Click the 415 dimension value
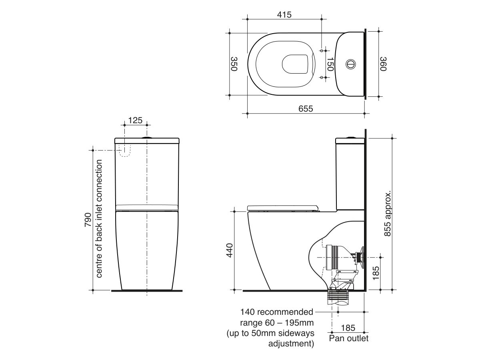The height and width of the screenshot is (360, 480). click(x=284, y=15)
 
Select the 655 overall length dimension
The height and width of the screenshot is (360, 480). click(x=305, y=108)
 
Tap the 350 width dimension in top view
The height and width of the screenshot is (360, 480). click(x=234, y=64)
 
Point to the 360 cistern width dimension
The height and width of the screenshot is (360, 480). click(x=383, y=64)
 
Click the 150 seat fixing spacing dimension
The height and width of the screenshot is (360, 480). click(x=330, y=64)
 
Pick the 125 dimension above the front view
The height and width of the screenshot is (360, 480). click(x=135, y=120)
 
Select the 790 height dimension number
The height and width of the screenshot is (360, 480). click(x=88, y=220)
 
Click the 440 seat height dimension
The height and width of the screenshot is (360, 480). click(x=229, y=250)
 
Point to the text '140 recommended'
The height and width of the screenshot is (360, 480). click(x=277, y=312)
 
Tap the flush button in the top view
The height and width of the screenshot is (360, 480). click(x=350, y=64)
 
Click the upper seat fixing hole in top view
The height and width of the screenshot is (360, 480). click(x=322, y=51)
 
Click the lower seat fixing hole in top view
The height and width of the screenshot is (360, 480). click(x=322, y=77)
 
